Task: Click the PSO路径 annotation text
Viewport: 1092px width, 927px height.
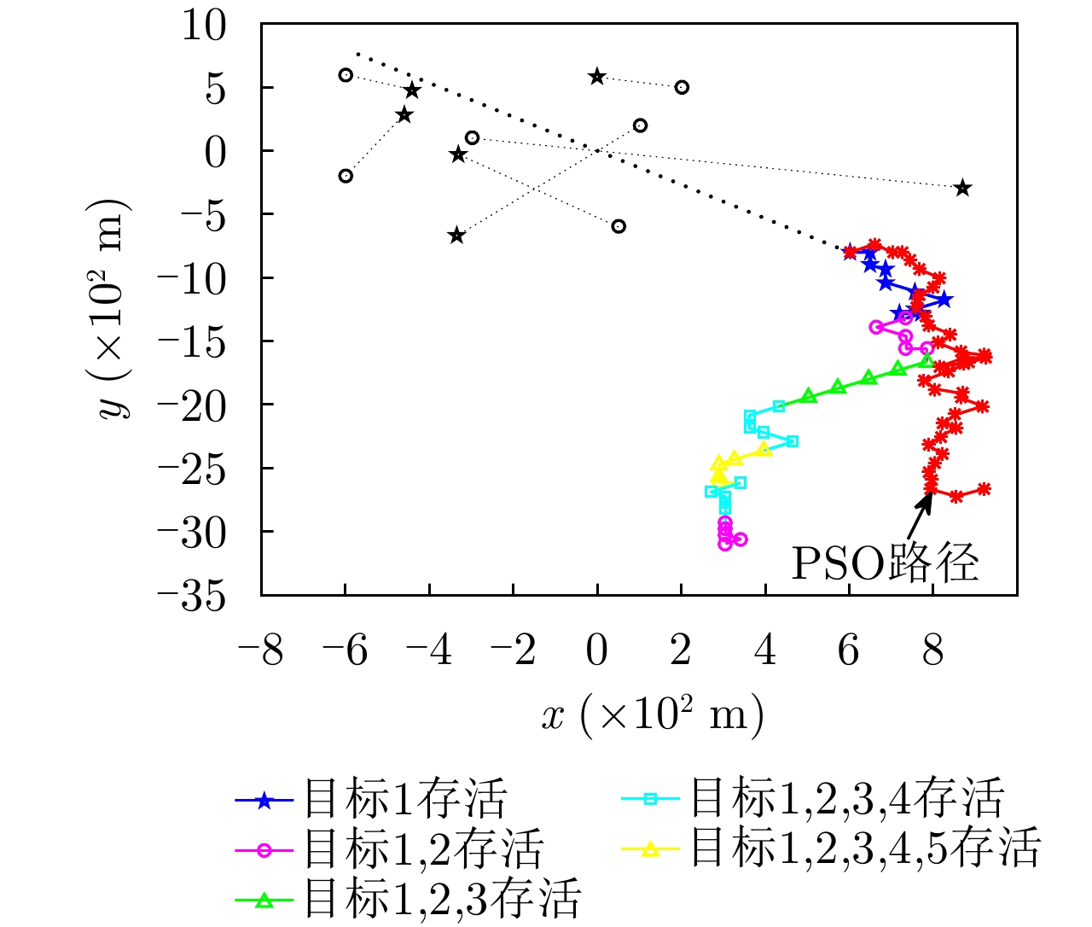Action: (885, 563)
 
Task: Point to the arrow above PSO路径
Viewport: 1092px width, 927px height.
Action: (921, 514)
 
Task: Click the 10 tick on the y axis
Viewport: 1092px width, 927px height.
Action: (204, 26)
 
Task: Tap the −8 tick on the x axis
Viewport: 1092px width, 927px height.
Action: (261, 652)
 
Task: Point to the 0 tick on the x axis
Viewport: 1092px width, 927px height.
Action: (597, 652)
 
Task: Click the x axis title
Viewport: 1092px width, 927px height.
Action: (653, 715)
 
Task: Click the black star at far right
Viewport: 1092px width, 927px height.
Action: (962, 188)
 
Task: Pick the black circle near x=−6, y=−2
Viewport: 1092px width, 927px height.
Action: (346, 176)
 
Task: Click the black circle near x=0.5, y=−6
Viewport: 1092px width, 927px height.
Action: (619, 226)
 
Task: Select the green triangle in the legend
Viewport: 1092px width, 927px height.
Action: (264, 899)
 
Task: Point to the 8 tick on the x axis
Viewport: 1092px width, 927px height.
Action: (933, 652)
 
